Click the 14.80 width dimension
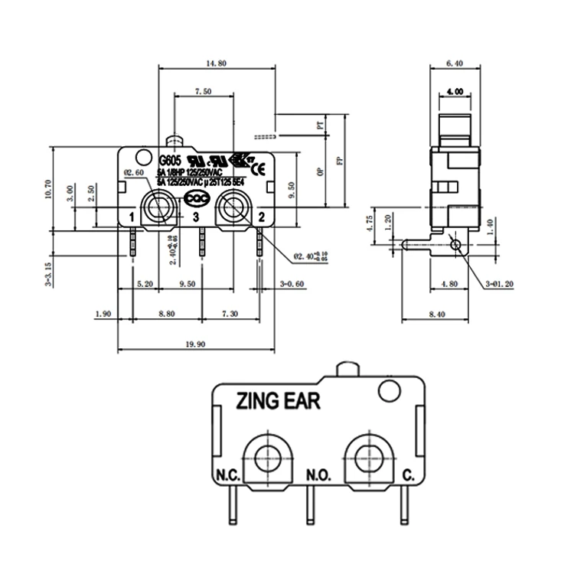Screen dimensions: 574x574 click(216, 64)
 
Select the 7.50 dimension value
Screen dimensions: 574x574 click(203, 91)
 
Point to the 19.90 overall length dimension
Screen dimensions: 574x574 click(195, 344)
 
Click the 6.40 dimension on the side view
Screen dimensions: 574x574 click(455, 64)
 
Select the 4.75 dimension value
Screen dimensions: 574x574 click(370, 223)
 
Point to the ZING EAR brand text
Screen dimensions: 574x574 click(279, 400)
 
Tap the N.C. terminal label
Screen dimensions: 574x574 click(228, 475)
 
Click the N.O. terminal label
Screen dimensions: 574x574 click(318, 475)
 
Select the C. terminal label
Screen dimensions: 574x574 click(408, 475)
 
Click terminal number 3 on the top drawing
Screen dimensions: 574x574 click(197, 218)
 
